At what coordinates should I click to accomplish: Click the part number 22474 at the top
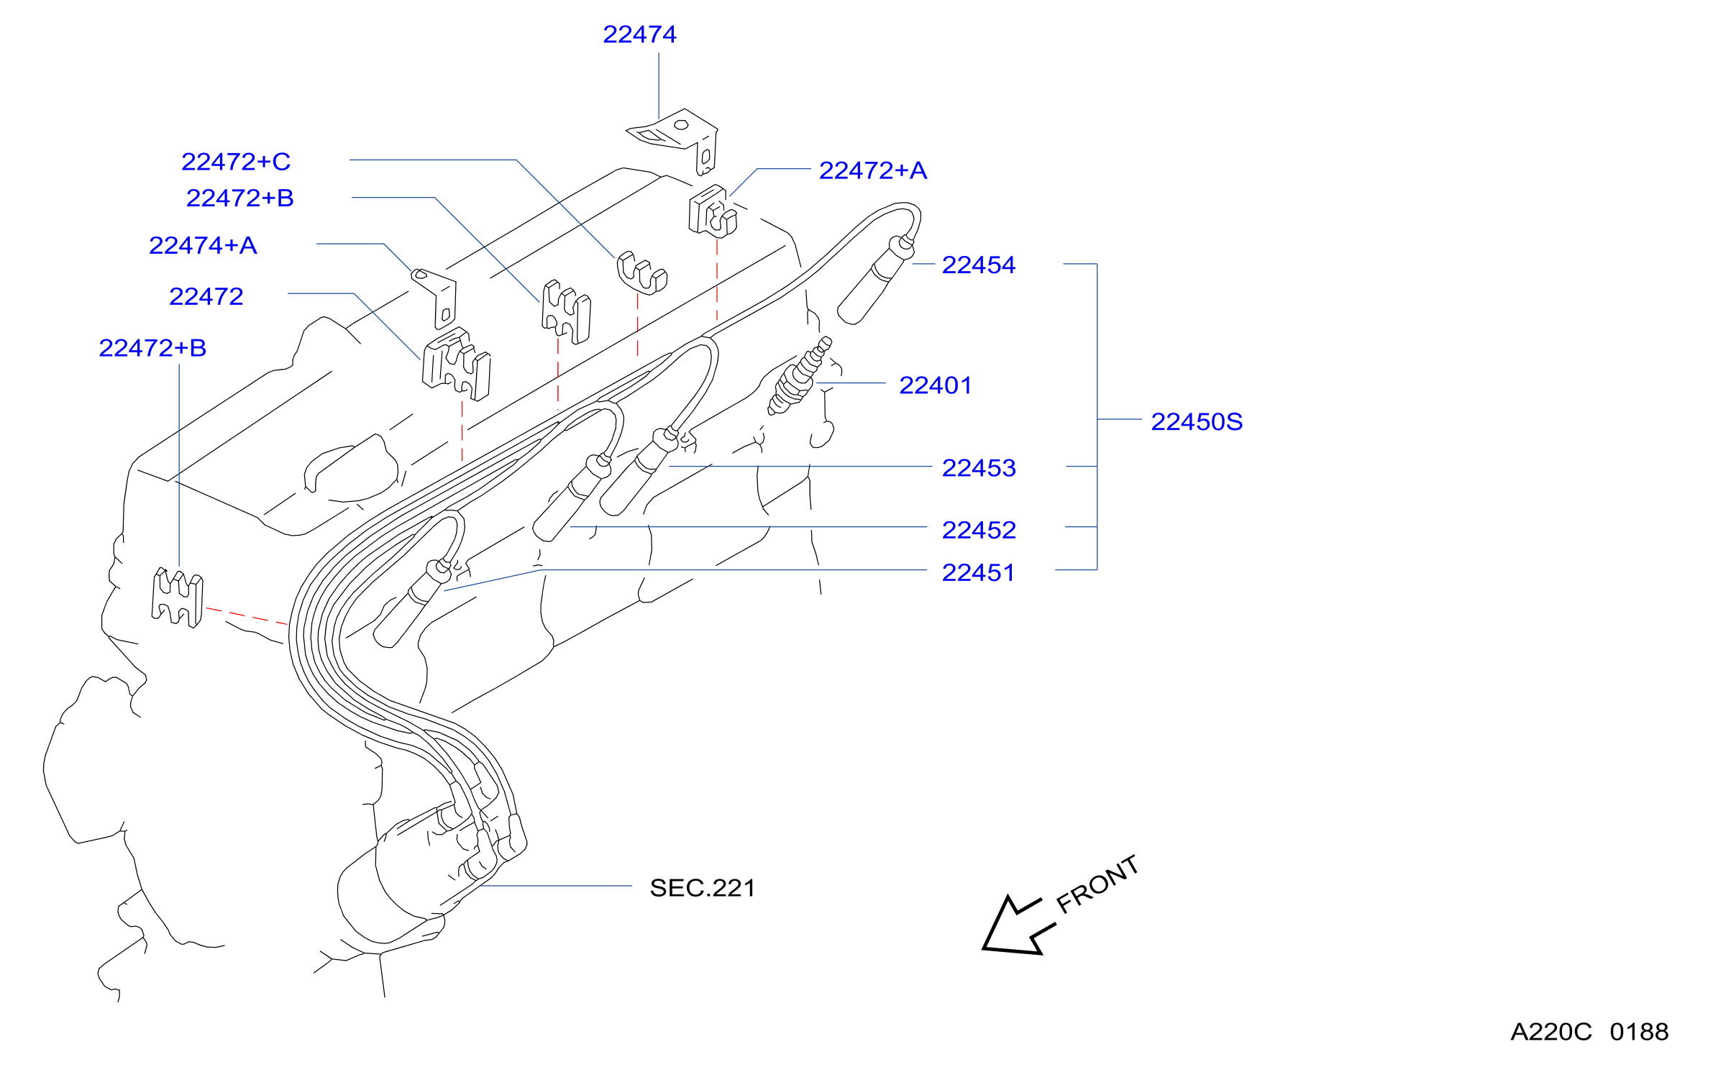click(639, 35)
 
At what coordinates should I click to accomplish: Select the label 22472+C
click(236, 162)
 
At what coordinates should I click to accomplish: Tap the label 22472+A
click(873, 170)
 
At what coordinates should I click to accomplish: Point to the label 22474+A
click(203, 246)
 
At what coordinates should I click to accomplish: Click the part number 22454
click(979, 265)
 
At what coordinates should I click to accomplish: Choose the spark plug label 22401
click(936, 385)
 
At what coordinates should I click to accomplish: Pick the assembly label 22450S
click(1197, 421)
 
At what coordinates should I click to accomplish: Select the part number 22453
click(979, 468)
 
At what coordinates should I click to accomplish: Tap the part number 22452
click(979, 530)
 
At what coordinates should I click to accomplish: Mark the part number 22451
click(978, 573)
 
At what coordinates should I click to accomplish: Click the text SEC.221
click(703, 888)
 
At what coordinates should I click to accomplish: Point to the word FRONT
click(1097, 884)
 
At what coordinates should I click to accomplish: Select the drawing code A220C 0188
click(1589, 1032)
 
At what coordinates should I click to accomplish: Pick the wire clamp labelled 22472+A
click(713, 211)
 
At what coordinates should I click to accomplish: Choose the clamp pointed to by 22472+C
click(641, 273)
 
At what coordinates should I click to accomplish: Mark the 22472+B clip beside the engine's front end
click(177, 597)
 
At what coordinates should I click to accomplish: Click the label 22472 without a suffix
click(206, 297)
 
